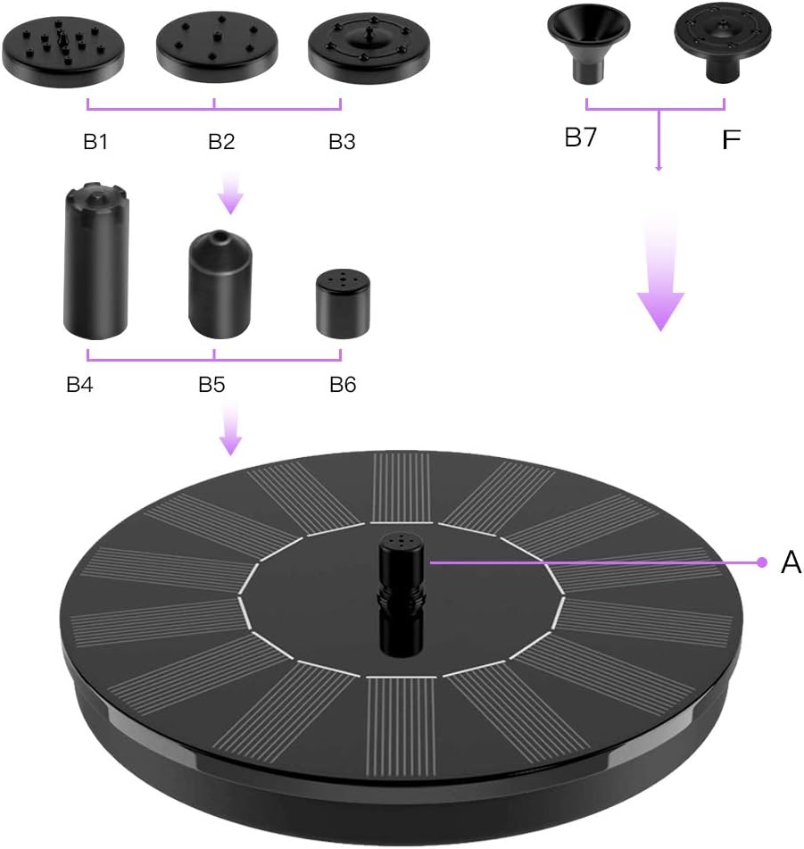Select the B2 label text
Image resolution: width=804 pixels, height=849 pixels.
222,141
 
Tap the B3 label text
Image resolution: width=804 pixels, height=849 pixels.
343,141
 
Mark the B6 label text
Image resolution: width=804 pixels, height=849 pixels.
343,385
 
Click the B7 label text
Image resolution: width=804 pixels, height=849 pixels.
581,138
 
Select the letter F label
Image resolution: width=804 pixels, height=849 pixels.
731,140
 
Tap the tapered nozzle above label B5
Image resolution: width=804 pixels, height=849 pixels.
220,284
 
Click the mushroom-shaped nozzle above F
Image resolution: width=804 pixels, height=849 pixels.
720,41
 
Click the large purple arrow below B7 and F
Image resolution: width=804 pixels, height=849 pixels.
660,286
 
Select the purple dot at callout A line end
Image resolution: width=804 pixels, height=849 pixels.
762,562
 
